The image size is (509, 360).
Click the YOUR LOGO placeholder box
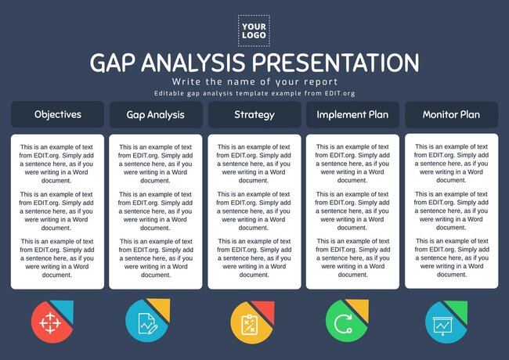(x=254, y=30)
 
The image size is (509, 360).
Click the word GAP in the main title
(x=119, y=63)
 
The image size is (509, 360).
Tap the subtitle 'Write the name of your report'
(x=254, y=81)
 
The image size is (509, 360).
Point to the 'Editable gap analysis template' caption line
(x=254, y=94)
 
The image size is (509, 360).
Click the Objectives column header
(x=57, y=114)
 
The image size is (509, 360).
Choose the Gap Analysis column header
(x=155, y=114)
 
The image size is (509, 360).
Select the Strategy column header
(x=254, y=114)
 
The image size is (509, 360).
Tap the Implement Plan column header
(x=352, y=114)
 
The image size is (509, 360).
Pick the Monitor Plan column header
(x=451, y=114)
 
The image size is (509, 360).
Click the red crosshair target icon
(x=49, y=321)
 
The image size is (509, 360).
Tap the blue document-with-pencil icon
(x=146, y=321)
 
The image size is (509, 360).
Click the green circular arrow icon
(x=344, y=321)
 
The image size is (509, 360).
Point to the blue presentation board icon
(x=442, y=321)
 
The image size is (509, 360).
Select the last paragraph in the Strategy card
(x=254, y=257)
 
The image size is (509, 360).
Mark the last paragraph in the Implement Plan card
(x=352, y=257)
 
